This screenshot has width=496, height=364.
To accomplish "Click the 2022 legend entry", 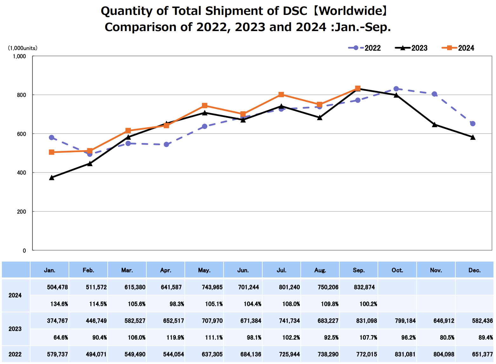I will (x=365, y=48).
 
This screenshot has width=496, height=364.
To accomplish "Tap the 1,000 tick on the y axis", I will (x=19, y=56).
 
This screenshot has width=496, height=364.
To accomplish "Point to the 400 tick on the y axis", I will (x=21, y=173).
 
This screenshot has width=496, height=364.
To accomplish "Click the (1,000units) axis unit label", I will (x=23, y=48).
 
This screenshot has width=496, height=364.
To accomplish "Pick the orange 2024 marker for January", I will (x=51, y=152).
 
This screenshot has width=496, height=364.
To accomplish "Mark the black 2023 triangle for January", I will (x=51, y=178).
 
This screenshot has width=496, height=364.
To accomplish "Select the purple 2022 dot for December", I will (x=473, y=124).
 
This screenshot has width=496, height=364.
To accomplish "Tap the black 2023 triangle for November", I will (x=434, y=125).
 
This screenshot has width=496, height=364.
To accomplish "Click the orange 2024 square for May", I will (x=204, y=106).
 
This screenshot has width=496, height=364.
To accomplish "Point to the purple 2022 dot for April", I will (x=166, y=145).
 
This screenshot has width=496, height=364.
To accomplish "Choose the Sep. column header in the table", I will (x=359, y=270).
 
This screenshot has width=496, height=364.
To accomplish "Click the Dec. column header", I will (x=474, y=270).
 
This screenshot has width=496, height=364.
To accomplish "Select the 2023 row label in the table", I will (x=15, y=329).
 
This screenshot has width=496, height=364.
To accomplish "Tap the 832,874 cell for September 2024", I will (x=364, y=287).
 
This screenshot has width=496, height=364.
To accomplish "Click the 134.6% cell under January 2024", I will (x=59, y=304).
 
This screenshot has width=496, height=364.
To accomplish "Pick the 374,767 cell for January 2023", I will (x=57, y=321).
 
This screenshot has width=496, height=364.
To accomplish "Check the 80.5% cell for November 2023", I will (x=447, y=337).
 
